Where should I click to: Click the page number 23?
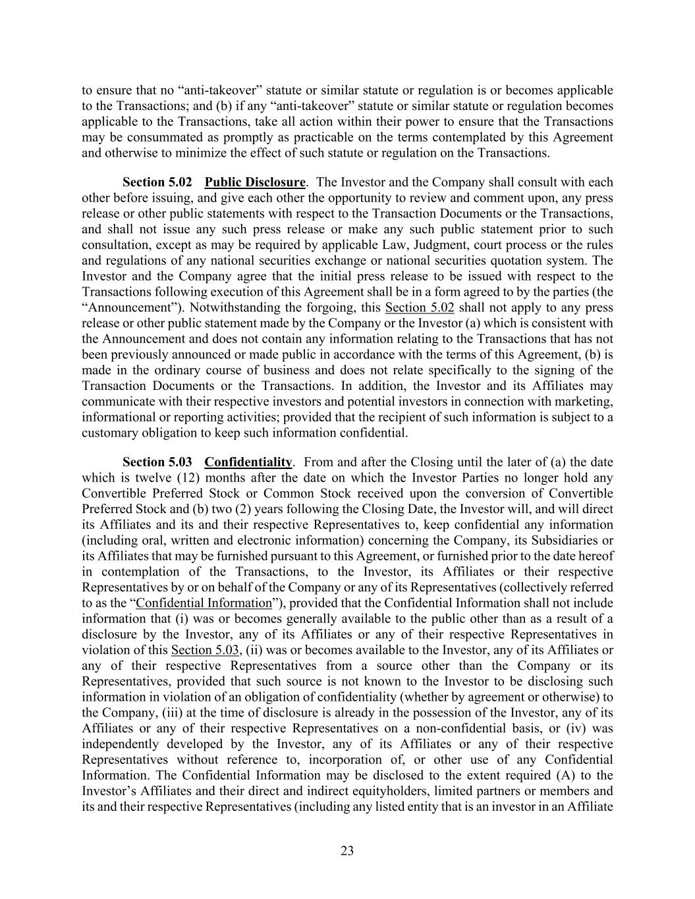347,851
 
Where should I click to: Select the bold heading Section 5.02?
157,182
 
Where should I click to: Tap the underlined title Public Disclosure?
255,182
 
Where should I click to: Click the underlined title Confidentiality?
248,462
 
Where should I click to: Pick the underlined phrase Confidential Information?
204,603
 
